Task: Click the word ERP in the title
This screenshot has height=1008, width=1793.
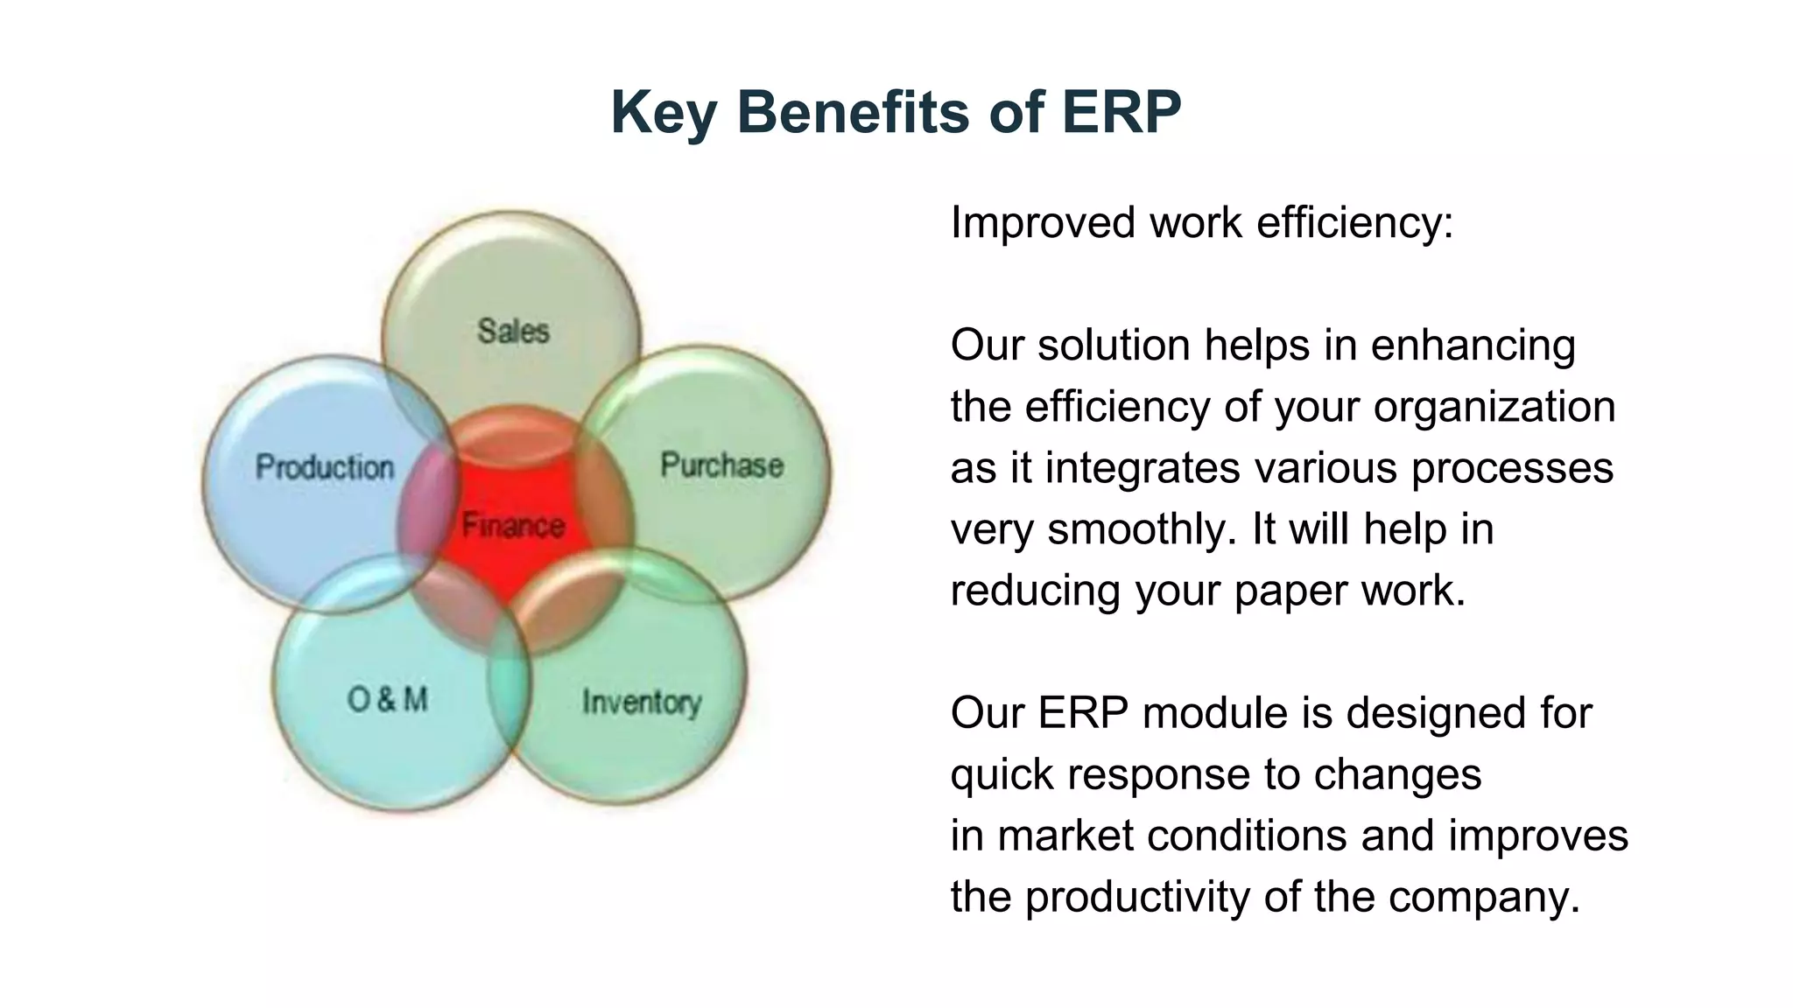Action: pyautogui.click(x=1122, y=112)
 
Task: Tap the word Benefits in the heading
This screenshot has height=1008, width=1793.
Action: pyautogui.click(x=853, y=112)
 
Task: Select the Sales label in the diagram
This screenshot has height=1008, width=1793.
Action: pyautogui.click(x=513, y=332)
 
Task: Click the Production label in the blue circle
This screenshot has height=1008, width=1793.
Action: pyautogui.click(x=325, y=467)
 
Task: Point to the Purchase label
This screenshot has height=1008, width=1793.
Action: pyautogui.click(x=721, y=465)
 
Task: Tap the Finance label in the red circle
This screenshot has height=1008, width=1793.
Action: pyautogui.click(x=513, y=525)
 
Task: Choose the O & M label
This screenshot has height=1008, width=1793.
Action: pyautogui.click(x=388, y=699)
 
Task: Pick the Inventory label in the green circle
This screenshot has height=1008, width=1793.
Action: pyautogui.click(x=642, y=702)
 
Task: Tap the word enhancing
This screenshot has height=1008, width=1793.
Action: pyautogui.click(x=1473, y=345)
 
